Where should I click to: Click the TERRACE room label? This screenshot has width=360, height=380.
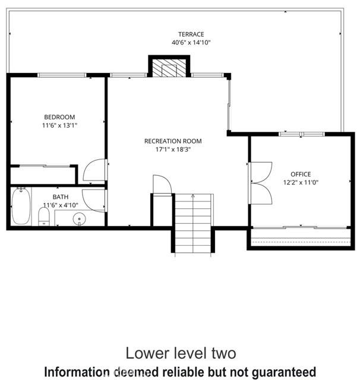click(191, 34)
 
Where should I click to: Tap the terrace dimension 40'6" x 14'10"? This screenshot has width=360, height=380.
click(191, 43)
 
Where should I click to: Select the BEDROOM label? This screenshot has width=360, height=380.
click(59, 118)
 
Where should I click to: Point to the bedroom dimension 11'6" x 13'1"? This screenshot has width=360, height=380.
click(59, 126)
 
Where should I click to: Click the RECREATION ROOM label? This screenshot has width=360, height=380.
click(173, 141)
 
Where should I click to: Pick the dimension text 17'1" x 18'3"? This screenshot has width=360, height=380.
click(173, 150)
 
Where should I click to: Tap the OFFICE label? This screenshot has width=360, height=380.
click(301, 174)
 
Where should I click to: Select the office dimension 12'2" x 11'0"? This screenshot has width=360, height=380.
click(301, 182)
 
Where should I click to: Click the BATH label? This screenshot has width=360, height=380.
click(61, 197)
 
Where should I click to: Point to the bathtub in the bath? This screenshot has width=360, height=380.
click(21, 206)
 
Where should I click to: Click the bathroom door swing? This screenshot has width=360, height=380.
click(94, 201)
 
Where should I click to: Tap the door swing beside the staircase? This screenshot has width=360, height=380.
click(162, 184)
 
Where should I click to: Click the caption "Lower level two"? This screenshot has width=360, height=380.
click(180, 353)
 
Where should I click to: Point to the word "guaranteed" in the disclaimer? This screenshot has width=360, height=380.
click(277, 372)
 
